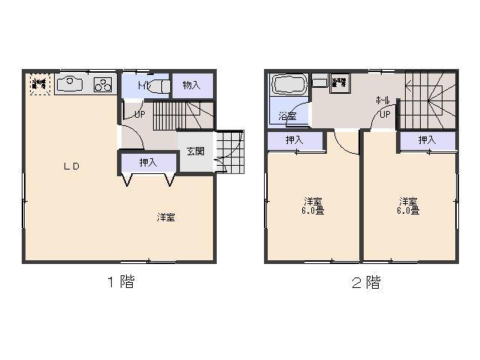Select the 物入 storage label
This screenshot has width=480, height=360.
(192, 85)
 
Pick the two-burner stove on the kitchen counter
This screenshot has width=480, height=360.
(103, 85)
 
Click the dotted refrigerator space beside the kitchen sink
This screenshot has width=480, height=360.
(39, 84)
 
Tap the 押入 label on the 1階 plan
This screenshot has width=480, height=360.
(148, 162)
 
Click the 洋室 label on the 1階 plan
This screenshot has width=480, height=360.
(166, 217)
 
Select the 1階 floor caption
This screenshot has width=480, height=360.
(119, 283)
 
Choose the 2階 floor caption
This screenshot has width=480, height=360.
(364, 283)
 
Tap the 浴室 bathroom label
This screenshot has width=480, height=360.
(286, 116)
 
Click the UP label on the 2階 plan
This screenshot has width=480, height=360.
(384, 115)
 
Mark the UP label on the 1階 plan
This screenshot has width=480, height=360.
(139, 114)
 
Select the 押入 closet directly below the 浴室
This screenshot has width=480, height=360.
(295, 140)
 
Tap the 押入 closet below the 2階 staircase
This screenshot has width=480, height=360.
(427, 140)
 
